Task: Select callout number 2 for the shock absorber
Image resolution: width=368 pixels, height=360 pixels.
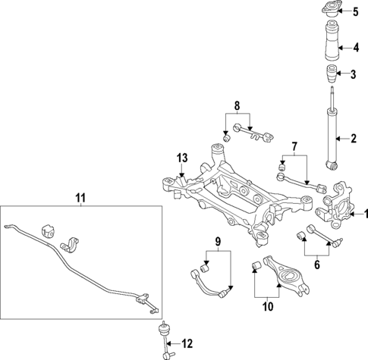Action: tap(354, 139)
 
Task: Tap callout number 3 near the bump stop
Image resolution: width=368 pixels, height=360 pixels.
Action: tap(354, 74)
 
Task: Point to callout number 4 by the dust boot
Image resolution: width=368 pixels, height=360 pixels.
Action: tap(355, 48)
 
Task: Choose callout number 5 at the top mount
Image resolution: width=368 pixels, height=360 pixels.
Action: tap(355, 12)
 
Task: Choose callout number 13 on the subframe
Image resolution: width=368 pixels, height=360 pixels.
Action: tap(181, 158)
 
